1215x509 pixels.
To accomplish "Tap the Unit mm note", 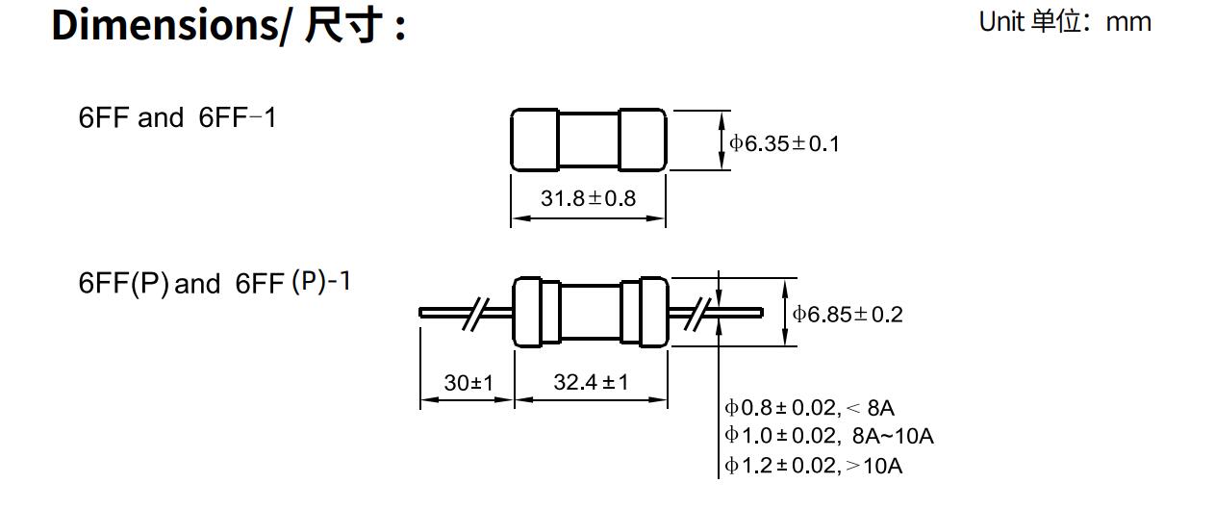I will pyautogui.click(x=1064, y=21).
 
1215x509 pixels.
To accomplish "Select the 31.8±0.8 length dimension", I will pyautogui.click(x=588, y=199).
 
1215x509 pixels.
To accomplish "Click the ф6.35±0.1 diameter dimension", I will pyautogui.click(x=784, y=144).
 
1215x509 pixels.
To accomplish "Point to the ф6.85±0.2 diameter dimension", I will pyautogui.click(x=848, y=315).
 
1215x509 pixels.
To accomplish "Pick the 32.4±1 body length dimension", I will pyautogui.click(x=591, y=383).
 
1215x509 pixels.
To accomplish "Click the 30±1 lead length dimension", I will pyautogui.click(x=468, y=383).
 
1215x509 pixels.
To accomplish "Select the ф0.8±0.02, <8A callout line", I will pyautogui.click(x=810, y=408).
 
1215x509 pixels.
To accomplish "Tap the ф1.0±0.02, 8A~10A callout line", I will pyautogui.click(x=829, y=436).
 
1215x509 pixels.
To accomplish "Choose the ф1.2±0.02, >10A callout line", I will pyautogui.click(x=814, y=466).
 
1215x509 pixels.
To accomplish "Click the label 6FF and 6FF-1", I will pyautogui.click(x=177, y=118).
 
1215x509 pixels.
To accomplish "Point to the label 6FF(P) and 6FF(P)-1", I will pyautogui.click(x=215, y=284).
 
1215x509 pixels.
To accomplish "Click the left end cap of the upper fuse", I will pyautogui.click(x=535, y=140).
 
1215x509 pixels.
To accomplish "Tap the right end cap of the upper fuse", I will pyautogui.click(x=642, y=140).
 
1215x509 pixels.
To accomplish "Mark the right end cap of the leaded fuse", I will pyautogui.click(x=645, y=312).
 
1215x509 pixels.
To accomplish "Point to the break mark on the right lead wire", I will pyautogui.click(x=697, y=313).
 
